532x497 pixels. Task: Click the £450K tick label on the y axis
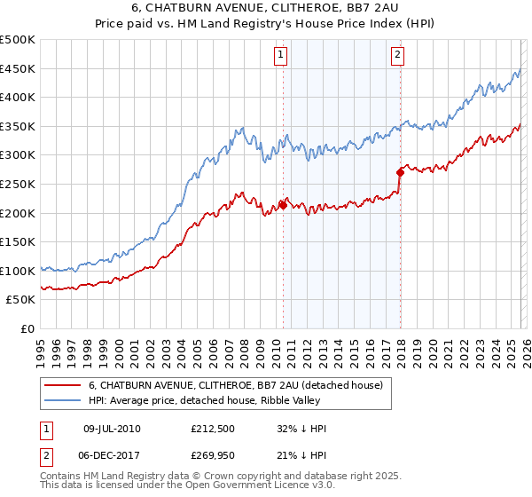pyautogui.click(x=18, y=69)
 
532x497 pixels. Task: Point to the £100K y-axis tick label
pyautogui.click(x=18, y=272)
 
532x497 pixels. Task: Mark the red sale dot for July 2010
pyautogui.click(x=283, y=205)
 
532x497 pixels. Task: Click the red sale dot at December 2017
pyautogui.click(x=400, y=172)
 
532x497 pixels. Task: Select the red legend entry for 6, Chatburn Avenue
pyautogui.click(x=235, y=385)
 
